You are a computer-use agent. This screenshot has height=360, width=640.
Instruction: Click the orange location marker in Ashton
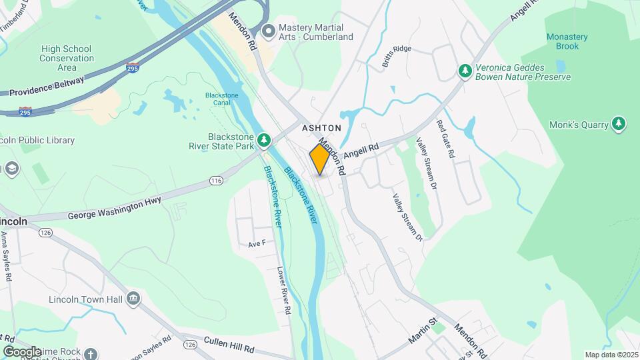point(320,159)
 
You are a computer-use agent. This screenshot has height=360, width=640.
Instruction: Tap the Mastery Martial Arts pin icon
point(269,31)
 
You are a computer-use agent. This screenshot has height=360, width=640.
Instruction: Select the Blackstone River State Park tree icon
point(265,139)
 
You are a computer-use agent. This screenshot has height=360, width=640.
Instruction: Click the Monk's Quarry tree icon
point(619,123)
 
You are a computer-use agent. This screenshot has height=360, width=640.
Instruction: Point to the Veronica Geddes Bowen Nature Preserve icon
point(465,70)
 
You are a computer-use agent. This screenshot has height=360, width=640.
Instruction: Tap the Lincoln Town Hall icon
point(133,298)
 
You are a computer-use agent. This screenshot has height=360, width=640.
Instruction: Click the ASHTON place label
point(321,127)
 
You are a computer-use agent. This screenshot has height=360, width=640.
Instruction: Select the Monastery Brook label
point(567,41)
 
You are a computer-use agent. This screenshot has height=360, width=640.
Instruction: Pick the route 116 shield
point(216,181)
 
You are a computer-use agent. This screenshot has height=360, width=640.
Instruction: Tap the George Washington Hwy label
point(115,210)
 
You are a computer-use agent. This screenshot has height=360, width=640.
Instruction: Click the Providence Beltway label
point(47,86)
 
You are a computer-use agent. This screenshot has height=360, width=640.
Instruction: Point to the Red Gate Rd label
point(445,139)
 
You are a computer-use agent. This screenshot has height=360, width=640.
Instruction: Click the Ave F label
point(257,244)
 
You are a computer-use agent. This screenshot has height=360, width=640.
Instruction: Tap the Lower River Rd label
point(284,291)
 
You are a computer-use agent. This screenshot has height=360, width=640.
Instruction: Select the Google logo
point(22,351)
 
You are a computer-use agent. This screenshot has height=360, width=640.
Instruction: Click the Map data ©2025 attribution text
point(611,355)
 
